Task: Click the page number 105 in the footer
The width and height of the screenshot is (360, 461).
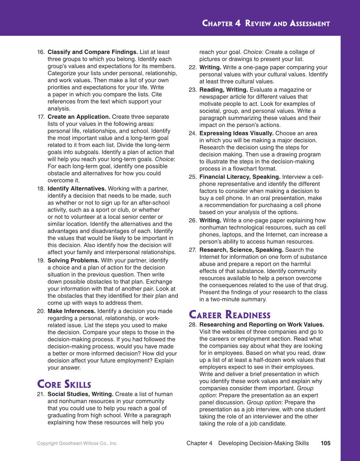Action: [325, 443]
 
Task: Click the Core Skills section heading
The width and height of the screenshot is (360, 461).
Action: [64, 384]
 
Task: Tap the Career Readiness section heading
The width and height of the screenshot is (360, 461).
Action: [230, 315]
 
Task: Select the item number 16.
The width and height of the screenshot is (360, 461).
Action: [41, 52]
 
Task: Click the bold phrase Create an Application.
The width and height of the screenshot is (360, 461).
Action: [79, 117]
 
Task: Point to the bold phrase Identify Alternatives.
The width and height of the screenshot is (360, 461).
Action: [77, 189]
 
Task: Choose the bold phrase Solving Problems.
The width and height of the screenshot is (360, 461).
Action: [73, 260]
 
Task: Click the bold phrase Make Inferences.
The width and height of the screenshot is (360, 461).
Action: [72, 311]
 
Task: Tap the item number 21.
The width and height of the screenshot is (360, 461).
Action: [41, 394]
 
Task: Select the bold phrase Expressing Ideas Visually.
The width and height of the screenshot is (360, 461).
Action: [236, 133]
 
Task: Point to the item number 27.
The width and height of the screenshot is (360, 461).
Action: [193, 250]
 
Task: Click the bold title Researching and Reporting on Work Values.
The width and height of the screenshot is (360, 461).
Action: [262, 324]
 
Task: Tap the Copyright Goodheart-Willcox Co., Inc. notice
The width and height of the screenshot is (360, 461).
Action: [77, 443]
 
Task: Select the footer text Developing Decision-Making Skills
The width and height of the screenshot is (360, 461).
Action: [263, 443]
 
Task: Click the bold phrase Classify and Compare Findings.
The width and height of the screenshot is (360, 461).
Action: [93, 52]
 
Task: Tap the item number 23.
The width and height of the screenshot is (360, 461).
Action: [193, 90]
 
